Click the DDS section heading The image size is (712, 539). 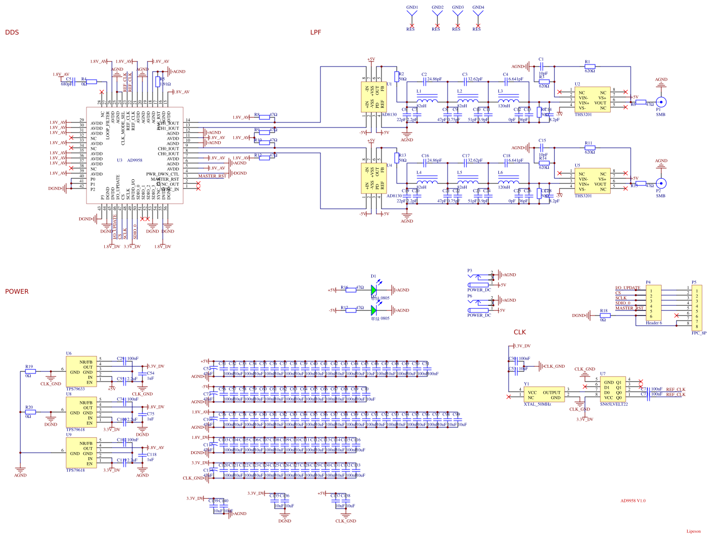coord(12,33)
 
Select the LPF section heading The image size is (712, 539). coord(316,33)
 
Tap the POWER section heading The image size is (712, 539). coord(17,292)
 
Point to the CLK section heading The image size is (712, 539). coord(520,332)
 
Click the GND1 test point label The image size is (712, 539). coord(412,8)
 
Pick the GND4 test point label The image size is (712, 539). coord(478,8)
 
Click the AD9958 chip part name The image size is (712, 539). coord(135,160)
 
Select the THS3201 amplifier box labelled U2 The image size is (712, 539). coord(592,100)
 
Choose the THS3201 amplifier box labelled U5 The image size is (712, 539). coord(592,181)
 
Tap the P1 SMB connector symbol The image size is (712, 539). coord(661,102)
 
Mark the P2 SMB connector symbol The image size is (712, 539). coord(661,183)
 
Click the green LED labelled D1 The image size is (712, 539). coord(374,290)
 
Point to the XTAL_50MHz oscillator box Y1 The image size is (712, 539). coord(544,395)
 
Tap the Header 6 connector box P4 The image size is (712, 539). coord(654,303)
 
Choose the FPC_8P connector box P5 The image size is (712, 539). coord(697,308)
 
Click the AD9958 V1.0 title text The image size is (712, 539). coord(633,501)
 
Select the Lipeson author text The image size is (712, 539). coord(693,531)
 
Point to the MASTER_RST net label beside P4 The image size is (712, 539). coord(629,308)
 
